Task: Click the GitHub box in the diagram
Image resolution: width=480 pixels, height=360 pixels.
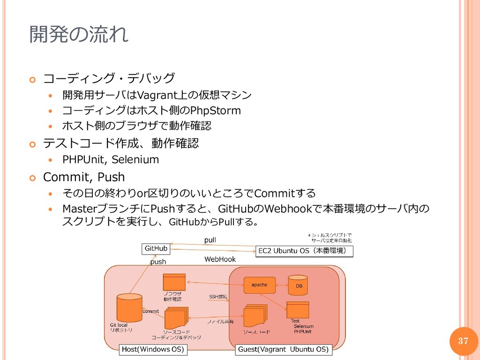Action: pos(156,248)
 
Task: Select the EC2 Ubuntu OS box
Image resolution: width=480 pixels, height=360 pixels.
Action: pos(304,251)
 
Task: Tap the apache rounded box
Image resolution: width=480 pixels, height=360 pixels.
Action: pos(259,285)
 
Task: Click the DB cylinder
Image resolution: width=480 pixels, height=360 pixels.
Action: pos(298,285)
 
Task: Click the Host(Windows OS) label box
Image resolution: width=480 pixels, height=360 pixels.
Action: pos(152,349)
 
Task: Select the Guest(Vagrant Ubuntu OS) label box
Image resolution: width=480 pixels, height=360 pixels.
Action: pos(283,349)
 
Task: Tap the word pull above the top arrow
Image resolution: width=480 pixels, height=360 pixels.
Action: pos(210,240)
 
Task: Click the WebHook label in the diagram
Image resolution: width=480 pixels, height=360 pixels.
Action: pos(220,259)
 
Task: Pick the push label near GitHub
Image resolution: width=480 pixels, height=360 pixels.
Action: pos(158,262)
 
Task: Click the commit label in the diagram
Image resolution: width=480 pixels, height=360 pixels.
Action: pos(150,311)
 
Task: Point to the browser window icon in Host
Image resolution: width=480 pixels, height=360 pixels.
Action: pos(174,282)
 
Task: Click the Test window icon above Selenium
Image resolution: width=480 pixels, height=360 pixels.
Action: pos(297,310)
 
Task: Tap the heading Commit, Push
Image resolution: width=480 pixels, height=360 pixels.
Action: pos(84,177)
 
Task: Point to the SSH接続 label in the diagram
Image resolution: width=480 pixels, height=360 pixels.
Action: pos(218,297)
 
